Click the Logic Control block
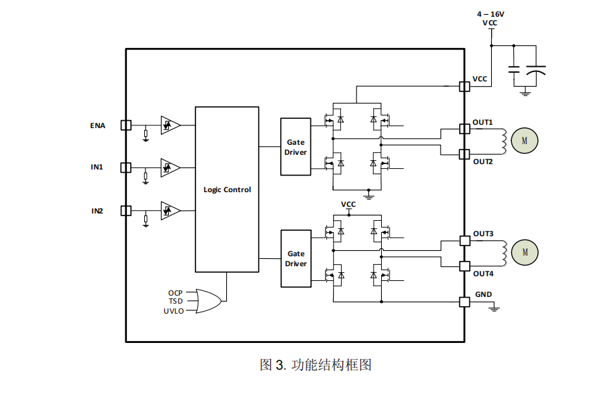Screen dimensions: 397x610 coord(227,189)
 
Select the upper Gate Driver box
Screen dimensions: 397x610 coord(296,147)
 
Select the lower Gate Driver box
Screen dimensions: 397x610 coord(296,258)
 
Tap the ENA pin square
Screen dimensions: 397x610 coord(125,125)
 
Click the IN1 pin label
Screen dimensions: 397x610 coord(97,167)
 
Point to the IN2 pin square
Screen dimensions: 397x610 coord(125,210)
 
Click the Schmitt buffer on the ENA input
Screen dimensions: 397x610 coord(170,125)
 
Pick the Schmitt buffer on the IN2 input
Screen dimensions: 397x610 coord(170,210)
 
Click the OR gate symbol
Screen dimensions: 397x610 coord(209,302)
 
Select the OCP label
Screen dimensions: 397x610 coord(176,293)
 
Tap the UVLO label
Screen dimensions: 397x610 coord(173,311)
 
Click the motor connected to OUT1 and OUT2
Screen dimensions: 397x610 coord(524,140)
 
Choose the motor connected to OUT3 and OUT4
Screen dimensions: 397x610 coord(524,252)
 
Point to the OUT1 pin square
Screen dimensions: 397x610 coord(465,129)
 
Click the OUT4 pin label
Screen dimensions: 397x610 coord(483,274)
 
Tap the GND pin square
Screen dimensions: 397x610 coord(465,302)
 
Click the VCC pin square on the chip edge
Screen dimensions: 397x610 coord(465,86)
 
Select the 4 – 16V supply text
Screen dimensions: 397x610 coord(491,14)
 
